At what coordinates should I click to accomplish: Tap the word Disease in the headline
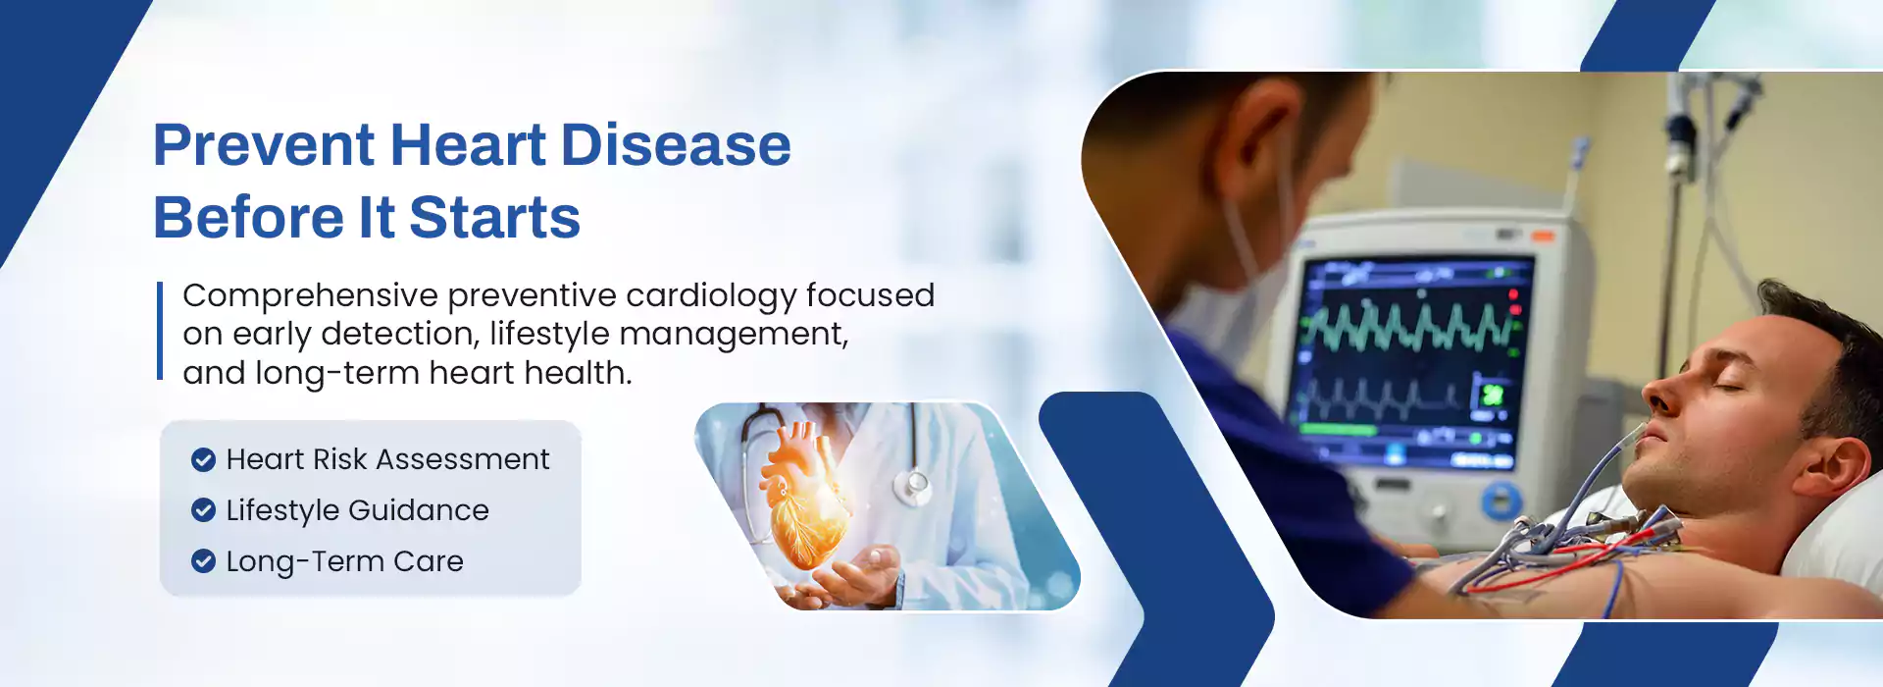[x=676, y=145]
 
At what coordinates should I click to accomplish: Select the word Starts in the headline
[x=494, y=217]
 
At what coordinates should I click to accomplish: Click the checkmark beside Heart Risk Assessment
[x=203, y=459]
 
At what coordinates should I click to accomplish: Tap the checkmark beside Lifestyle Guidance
[x=203, y=510]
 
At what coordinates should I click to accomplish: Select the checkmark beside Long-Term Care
[x=203, y=561]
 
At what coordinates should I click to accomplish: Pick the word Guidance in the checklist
[x=419, y=510]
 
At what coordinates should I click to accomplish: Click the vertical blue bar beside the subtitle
[x=160, y=331]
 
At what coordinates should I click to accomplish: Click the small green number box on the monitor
[x=1492, y=395]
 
